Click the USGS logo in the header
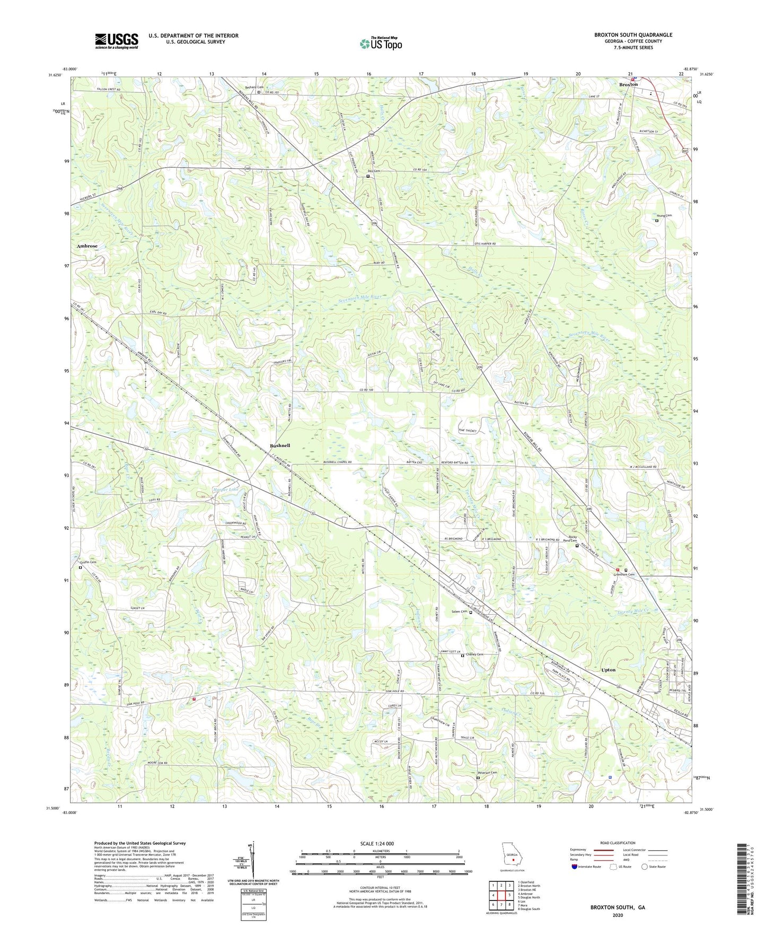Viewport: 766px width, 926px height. click(117, 41)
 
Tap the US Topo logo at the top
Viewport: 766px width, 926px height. click(381, 43)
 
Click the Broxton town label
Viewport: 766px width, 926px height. click(629, 84)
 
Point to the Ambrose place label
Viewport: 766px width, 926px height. click(87, 247)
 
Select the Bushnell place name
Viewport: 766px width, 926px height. click(279, 445)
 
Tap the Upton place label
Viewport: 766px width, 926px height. click(609, 670)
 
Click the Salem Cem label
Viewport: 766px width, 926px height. click(459, 611)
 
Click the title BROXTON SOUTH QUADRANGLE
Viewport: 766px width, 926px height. click(633, 35)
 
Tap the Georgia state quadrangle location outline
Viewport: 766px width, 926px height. click(512, 858)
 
